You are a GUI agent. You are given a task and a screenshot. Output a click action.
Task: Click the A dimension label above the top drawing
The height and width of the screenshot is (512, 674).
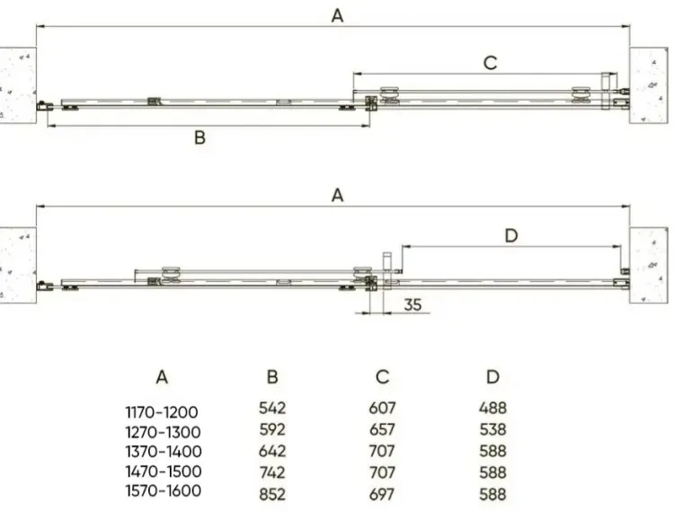(337, 16)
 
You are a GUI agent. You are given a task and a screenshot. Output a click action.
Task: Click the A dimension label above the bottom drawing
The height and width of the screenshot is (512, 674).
(337, 196)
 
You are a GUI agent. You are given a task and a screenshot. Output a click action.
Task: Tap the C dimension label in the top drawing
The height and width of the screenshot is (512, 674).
(491, 63)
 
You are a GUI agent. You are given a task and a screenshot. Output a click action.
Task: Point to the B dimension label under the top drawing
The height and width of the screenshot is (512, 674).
(200, 137)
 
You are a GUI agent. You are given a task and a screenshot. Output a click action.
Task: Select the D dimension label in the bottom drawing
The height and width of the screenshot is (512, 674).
(511, 235)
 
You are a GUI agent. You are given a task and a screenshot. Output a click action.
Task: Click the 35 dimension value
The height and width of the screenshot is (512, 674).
(412, 305)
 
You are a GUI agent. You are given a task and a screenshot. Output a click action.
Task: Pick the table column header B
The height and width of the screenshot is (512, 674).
(272, 376)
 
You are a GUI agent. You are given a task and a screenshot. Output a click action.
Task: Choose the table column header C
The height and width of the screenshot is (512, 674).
(383, 376)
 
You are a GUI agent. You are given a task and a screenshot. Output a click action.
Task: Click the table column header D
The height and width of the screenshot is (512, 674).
(493, 376)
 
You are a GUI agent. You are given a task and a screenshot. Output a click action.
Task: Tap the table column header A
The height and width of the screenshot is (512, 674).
(162, 377)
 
